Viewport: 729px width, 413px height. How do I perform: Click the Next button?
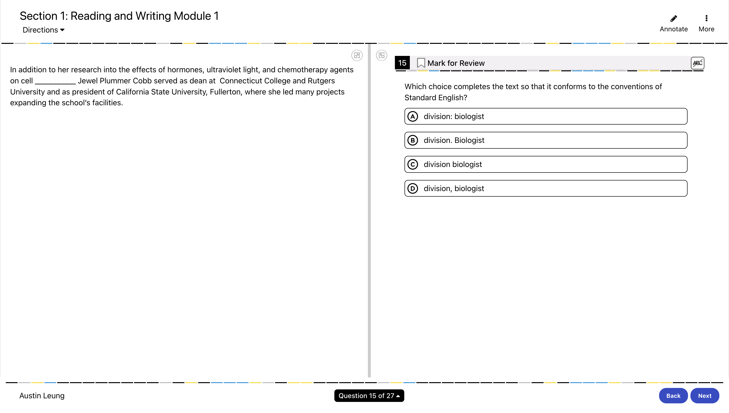tap(704, 396)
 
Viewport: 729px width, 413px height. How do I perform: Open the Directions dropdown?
tap(43, 30)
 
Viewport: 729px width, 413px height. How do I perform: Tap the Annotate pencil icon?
tap(673, 19)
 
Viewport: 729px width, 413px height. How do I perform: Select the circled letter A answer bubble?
tap(413, 116)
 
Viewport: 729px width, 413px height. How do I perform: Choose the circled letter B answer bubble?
tap(413, 140)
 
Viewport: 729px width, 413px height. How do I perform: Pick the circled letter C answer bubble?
tap(413, 165)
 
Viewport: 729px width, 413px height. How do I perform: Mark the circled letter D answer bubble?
tap(413, 189)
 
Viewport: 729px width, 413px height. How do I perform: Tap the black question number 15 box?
tap(402, 63)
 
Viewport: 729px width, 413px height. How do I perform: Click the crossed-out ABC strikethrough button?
tap(697, 63)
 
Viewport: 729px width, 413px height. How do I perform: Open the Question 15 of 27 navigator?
tap(369, 396)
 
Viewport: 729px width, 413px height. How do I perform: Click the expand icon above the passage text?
tap(357, 56)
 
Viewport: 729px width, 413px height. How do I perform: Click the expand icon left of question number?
tap(381, 56)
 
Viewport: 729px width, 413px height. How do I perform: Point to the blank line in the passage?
tap(55, 81)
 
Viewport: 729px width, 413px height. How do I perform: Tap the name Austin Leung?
tap(42, 396)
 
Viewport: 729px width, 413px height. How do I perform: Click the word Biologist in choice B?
tap(469, 140)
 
